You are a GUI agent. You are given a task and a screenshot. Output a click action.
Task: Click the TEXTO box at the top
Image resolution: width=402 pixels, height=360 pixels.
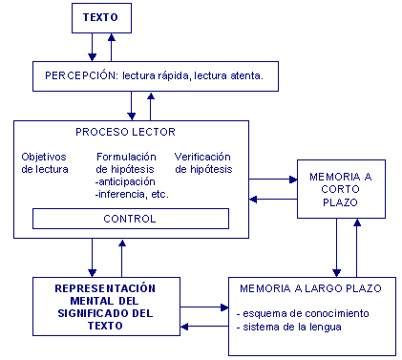pyautogui.click(x=102, y=18)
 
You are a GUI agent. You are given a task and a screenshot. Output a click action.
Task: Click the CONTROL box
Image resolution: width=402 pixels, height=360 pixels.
pyautogui.click(x=131, y=220)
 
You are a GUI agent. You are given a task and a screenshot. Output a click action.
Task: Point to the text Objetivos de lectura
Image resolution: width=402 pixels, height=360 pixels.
pyautogui.click(x=44, y=162)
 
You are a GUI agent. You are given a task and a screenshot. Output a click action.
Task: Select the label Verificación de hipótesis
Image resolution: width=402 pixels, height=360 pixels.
pyautogui.click(x=203, y=162)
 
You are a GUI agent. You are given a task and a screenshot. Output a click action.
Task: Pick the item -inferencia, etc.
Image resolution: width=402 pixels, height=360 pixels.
pyautogui.click(x=133, y=194)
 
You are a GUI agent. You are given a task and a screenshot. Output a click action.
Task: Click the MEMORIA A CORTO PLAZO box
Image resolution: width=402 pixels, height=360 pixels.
pyautogui.click(x=342, y=190)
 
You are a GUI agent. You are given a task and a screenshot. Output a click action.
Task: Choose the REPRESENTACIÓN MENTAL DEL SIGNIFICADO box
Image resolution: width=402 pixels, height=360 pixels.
pyautogui.click(x=106, y=305)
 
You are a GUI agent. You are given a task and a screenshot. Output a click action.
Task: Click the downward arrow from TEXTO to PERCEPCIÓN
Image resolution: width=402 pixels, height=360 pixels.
pyautogui.click(x=92, y=48)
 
